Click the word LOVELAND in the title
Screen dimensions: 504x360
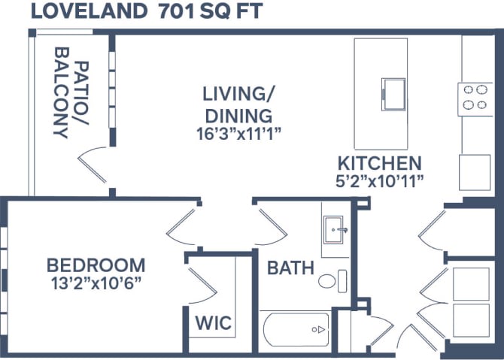(x=89, y=11)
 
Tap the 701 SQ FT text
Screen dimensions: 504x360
(x=211, y=11)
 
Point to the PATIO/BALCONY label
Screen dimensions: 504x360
(x=71, y=93)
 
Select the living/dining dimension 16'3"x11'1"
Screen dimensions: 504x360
(x=238, y=135)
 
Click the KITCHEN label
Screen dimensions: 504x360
(x=380, y=163)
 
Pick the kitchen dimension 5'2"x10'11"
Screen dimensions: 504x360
(x=380, y=182)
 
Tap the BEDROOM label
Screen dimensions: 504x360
(x=96, y=265)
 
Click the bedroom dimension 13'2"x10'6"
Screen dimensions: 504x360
(x=96, y=283)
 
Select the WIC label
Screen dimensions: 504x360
(x=213, y=322)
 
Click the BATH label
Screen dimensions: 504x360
(x=290, y=268)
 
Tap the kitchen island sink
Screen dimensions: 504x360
(x=393, y=95)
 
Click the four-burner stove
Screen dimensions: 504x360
(x=475, y=99)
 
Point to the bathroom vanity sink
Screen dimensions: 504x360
(x=334, y=230)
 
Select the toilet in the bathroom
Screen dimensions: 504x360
(x=332, y=281)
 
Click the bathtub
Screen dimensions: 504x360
(x=296, y=329)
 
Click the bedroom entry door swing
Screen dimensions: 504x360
(x=181, y=227)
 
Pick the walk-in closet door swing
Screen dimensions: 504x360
(x=202, y=285)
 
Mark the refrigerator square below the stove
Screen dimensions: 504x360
(x=475, y=172)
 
